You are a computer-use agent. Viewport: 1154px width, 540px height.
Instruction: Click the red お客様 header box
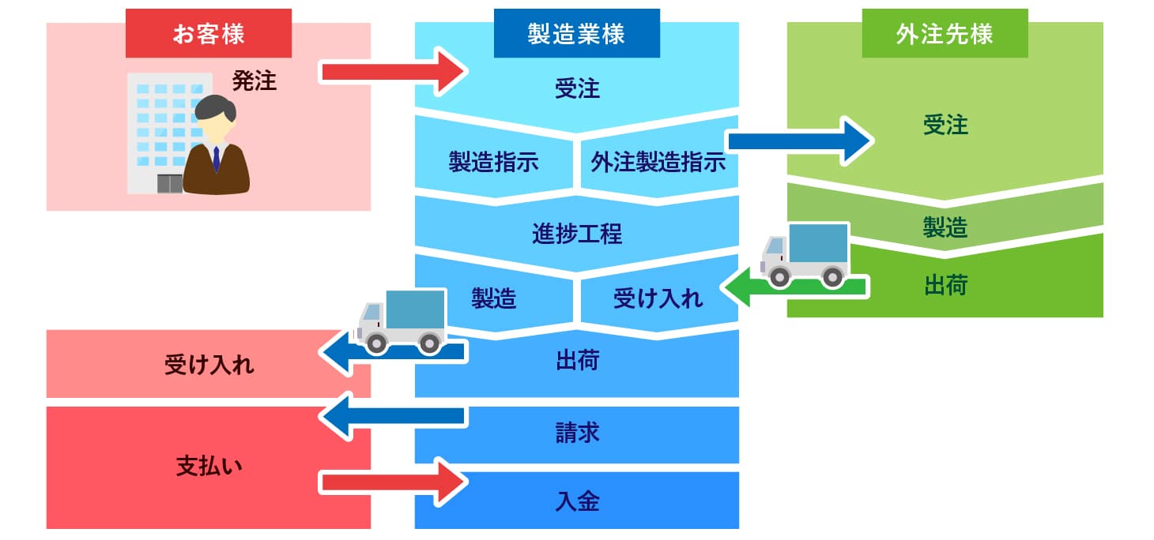[209, 33]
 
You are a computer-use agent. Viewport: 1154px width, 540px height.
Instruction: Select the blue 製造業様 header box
[576, 33]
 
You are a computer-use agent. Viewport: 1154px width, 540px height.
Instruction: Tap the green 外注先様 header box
[945, 33]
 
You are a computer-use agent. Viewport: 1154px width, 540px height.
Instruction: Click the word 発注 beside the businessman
[255, 81]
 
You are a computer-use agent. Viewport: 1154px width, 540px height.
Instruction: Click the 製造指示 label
[493, 162]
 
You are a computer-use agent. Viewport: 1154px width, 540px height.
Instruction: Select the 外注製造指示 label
[658, 162]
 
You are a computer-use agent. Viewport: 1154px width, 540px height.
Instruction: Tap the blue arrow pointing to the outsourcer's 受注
[798, 141]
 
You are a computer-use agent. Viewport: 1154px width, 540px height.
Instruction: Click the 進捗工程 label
[577, 234]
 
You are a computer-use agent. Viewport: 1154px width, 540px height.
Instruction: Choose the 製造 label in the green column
[945, 228]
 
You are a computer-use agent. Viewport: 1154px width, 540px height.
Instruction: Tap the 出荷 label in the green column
[945, 285]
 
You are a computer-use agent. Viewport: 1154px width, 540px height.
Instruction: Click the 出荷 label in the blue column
[577, 362]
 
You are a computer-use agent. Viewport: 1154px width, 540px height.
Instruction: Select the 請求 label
[577, 433]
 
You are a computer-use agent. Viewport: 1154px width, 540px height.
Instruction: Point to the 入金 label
[577, 501]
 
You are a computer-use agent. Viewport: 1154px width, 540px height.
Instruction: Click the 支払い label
[209, 466]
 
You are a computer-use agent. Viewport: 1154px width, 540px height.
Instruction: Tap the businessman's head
[215, 115]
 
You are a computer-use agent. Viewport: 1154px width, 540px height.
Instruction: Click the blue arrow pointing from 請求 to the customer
[392, 416]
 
